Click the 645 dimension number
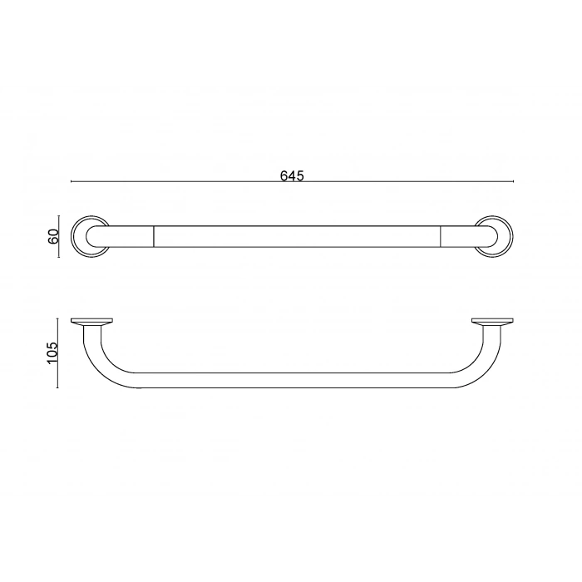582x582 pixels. pyautogui.click(x=291, y=175)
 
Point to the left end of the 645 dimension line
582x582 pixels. pyautogui.click(x=72, y=182)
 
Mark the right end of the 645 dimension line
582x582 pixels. pyautogui.click(x=513, y=182)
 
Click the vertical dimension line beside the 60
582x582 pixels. pyautogui.click(x=58, y=236)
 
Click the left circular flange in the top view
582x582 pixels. pyautogui.click(x=81, y=236)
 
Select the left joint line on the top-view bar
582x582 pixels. pyautogui.click(x=154, y=236)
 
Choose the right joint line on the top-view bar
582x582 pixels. pyautogui.click(x=441, y=236)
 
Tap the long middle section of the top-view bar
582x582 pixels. pyautogui.click(x=298, y=236)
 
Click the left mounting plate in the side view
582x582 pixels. pyautogui.click(x=91, y=322)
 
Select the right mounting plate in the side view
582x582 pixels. pyautogui.click(x=492, y=322)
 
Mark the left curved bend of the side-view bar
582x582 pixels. pyautogui.click(x=104, y=366)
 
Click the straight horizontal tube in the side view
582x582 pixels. pyautogui.click(x=291, y=380)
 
